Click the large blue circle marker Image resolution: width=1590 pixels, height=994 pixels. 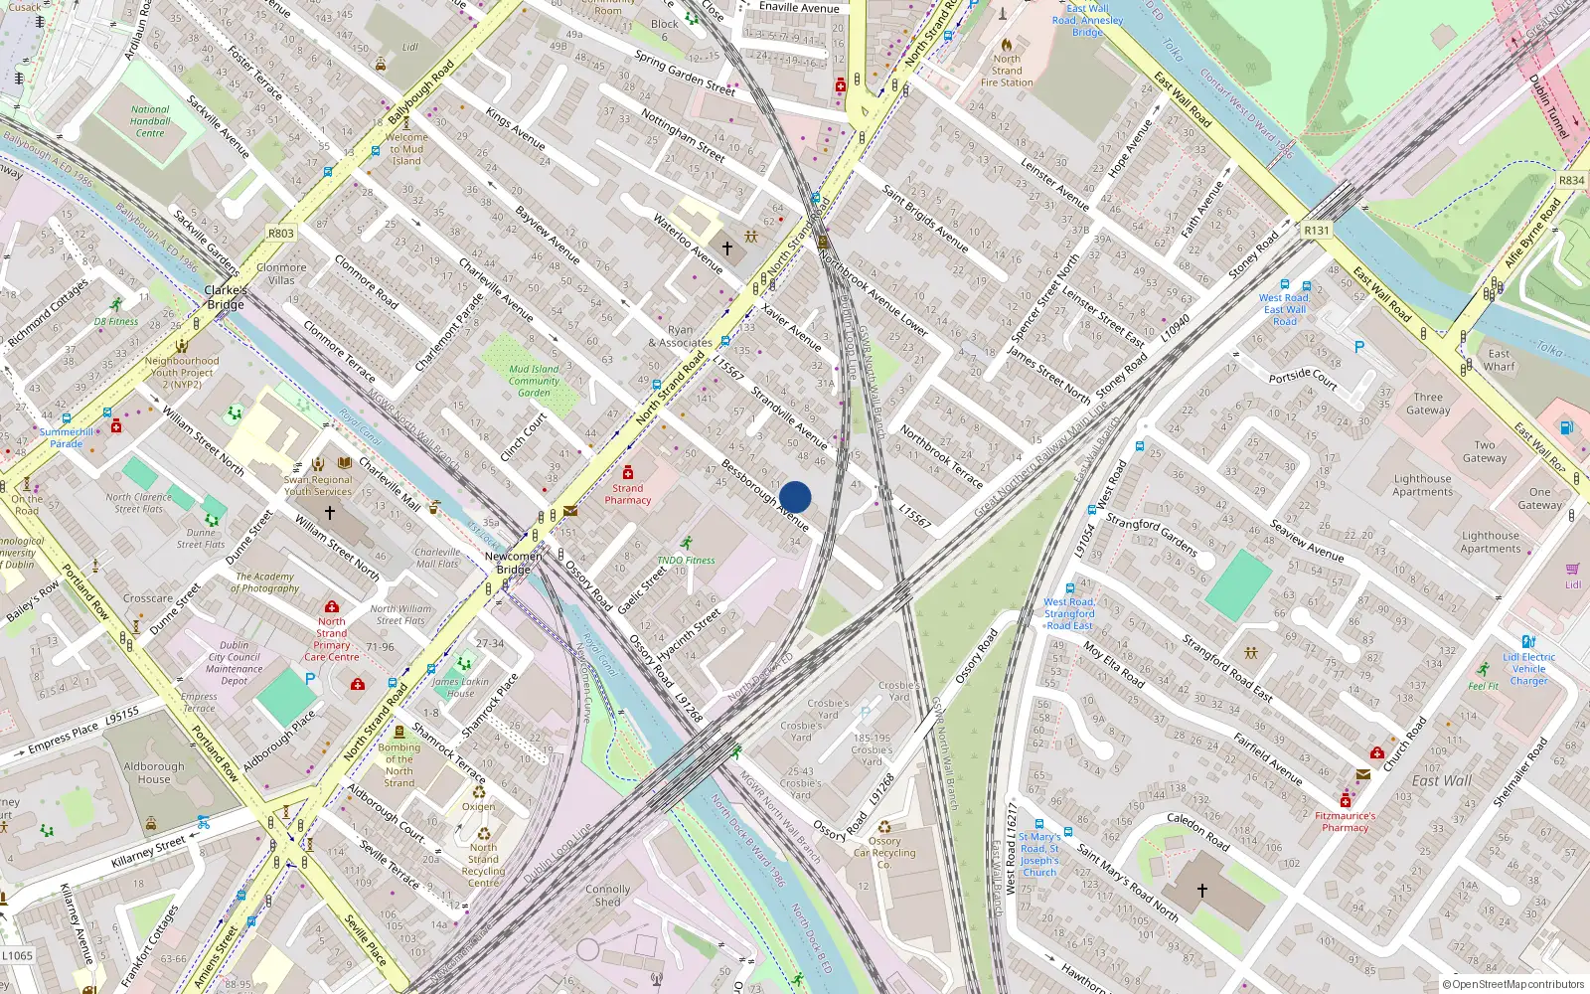pyautogui.click(x=795, y=497)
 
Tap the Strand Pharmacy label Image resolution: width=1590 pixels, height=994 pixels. pyautogui.click(x=628, y=494)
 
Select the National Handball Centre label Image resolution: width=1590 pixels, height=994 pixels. pyautogui.click(x=150, y=121)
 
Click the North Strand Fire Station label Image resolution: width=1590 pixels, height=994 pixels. pyautogui.click(x=1007, y=71)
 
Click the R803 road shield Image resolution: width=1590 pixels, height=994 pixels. pyautogui.click(x=281, y=234)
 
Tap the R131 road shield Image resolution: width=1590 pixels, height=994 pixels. pyautogui.click(x=1316, y=230)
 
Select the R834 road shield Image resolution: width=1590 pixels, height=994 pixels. pyautogui.click(x=1572, y=180)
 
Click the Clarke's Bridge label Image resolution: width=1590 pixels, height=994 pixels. pyautogui.click(x=226, y=297)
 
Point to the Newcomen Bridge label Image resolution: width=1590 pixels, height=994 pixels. pyautogui.click(x=514, y=563)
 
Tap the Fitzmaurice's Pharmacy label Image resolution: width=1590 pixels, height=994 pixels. pyautogui.click(x=1346, y=821)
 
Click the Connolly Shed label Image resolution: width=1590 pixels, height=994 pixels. pyautogui.click(x=608, y=896)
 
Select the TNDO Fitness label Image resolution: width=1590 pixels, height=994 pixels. pyautogui.click(x=686, y=560)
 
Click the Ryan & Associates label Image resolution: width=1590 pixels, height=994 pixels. pyautogui.click(x=681, y=336)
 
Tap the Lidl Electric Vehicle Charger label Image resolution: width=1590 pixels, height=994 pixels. pyautogui.click(x=1529, y=668)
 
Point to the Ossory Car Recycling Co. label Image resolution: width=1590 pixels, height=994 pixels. pyautogui.click(x=884, y=852)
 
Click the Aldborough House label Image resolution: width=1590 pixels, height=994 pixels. pyautogui.click(x=154, y=772)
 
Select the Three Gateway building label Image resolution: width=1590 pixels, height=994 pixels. pyautogui.click(x=1428, y=403)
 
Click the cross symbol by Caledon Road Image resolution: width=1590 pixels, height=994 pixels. pyautogui.click(x=1202, y=891)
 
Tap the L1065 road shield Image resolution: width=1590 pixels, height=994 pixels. pyautogui.click(x=18, y=956)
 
